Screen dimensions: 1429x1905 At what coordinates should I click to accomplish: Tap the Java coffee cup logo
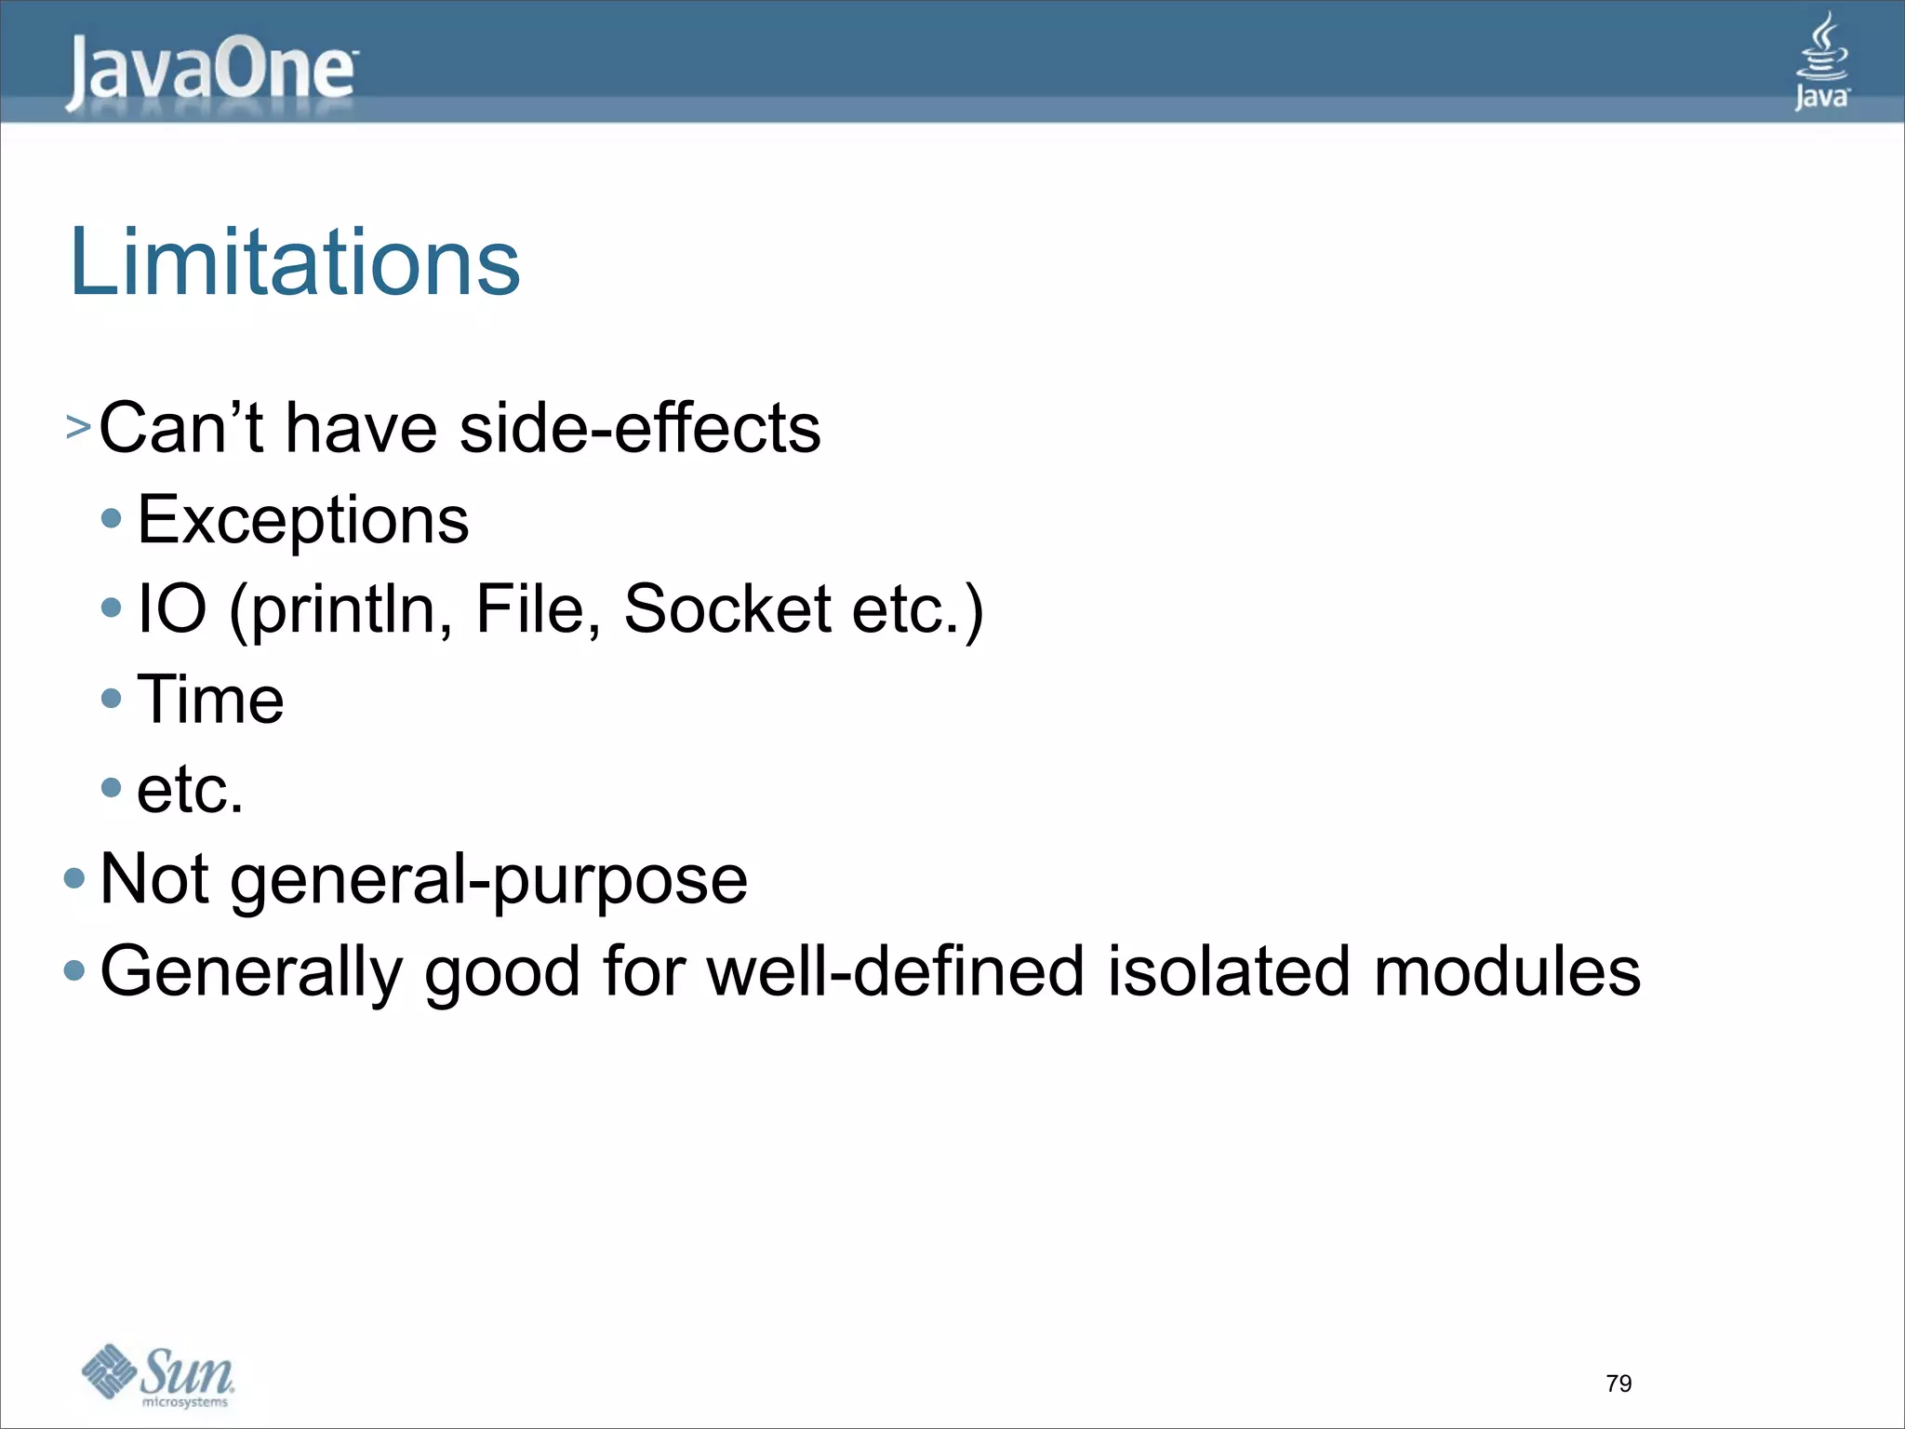click(1821, 61)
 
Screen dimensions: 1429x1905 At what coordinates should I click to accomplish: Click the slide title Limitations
click(295, 263)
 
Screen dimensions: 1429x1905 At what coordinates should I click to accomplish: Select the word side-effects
click(640, 429)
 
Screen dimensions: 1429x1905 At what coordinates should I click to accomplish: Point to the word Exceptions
click(303, 520)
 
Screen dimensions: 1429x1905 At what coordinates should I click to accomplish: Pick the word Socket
click(727, 609)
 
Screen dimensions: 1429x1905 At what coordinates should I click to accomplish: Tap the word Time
click(210, 700)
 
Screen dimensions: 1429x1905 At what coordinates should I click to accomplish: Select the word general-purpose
click(488, 880)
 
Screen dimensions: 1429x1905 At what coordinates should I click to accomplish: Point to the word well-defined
click(896, 971)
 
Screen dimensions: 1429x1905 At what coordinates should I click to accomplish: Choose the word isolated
click(1228, 971)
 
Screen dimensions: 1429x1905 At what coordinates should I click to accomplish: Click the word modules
click(1507, 971)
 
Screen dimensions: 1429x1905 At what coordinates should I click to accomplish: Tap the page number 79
click(1619, 1383)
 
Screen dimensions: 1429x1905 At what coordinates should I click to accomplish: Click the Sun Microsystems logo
click(158, 1376)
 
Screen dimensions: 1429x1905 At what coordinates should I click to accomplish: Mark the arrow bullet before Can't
click(78, 428)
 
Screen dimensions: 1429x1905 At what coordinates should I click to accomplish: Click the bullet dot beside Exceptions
click(112, 518)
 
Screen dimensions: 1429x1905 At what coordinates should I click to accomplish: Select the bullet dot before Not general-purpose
click(74, 878)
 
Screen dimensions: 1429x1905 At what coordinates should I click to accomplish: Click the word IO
click(171, 609)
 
